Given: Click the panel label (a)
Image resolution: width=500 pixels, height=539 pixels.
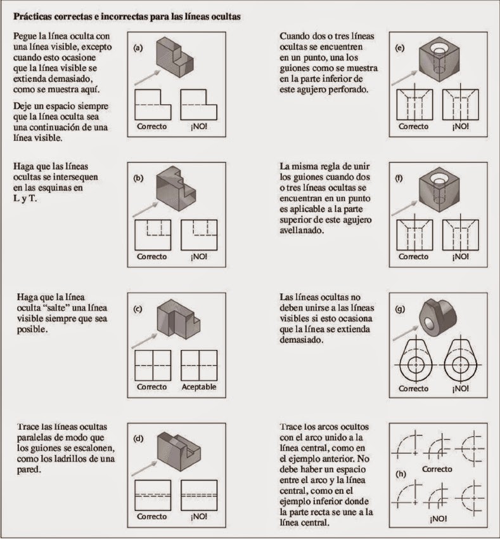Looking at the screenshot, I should [x=138, y=47].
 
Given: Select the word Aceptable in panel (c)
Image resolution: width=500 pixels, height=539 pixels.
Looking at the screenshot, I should [x=199, y=387].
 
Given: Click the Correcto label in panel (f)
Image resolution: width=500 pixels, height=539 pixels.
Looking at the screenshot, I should [x=413, y=256].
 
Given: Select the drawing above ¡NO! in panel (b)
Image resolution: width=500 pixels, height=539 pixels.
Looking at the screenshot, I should [x=198, y=234].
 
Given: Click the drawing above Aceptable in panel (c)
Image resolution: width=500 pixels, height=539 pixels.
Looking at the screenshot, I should [x=198, y=364].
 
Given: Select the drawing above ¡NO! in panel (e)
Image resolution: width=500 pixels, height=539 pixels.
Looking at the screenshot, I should [x=460, y=103].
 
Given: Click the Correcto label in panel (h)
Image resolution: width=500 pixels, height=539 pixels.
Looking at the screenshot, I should [x=437, y=469].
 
